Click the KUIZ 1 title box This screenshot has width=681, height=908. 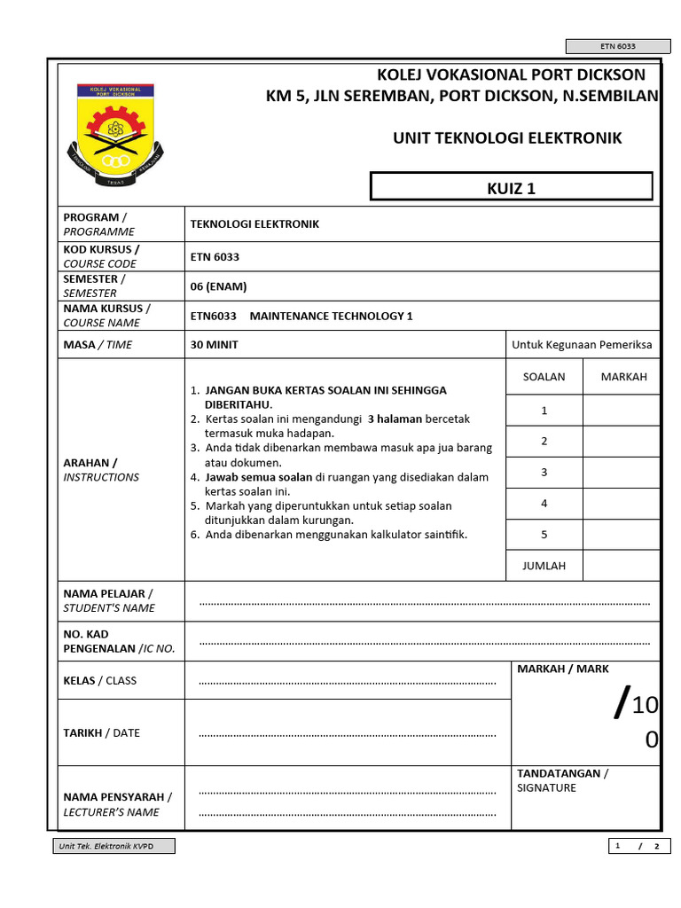512,187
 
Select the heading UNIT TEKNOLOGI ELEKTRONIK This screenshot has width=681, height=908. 507,138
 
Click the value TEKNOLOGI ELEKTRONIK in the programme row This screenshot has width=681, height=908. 254,224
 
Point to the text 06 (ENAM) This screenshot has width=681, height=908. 218,286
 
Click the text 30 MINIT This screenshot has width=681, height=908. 214,344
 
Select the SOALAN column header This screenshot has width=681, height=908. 544,376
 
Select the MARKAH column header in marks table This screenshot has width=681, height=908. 623,376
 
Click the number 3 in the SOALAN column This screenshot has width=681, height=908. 544,473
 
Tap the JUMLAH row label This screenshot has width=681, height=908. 544,565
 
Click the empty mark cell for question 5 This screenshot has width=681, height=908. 621,534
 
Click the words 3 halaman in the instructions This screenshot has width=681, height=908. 395,419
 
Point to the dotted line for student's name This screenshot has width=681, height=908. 424,602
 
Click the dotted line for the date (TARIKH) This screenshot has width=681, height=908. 347,734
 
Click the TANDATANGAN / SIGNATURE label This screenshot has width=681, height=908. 562,780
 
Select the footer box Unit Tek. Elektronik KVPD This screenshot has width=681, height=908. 113,846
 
